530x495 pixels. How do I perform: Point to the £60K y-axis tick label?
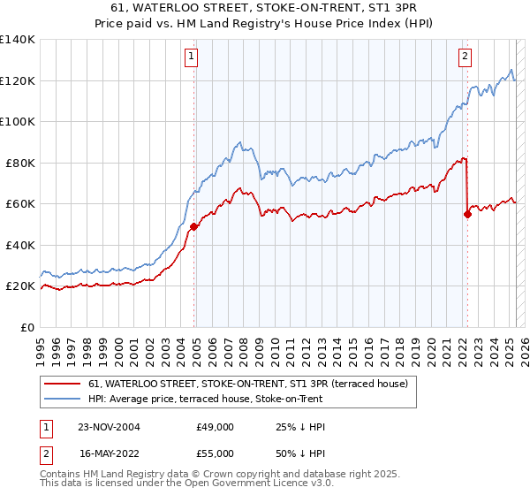(x=19, y=204)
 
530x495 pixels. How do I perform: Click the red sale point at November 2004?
(x=193, y=226)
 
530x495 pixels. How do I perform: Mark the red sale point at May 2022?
(x=467, y=214)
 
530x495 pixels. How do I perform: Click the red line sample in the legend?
(x=63, y=384)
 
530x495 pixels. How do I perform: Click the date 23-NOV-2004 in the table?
(x=109, y=427)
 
